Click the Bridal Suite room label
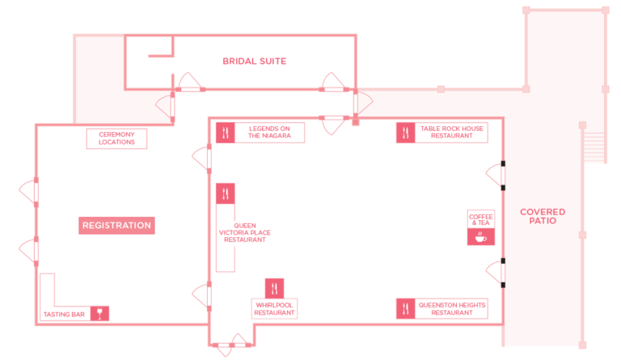click(254, 61)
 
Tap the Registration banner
click(116, 226)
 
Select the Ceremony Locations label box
click(116, 138)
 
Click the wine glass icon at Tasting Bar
click(99, 313)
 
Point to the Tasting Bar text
click(64, 315)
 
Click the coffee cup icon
click(481, 237)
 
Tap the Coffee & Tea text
click(481, 220)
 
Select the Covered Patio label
click(543, 216)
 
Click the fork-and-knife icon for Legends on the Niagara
click(226, 133)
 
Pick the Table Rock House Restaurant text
click(452, 133)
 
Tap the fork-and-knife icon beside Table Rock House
click(406, 133)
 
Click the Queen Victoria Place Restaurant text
click(245, 232)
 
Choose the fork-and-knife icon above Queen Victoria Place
click(226, 193)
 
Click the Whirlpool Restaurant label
click(274, 309)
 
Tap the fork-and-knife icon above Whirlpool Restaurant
click(274, 289)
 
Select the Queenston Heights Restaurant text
click(452, 309)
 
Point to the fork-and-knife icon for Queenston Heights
click(406, 308)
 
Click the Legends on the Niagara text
click(269, 133)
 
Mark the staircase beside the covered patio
click(594, 147)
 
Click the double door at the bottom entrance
click(232, 345)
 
